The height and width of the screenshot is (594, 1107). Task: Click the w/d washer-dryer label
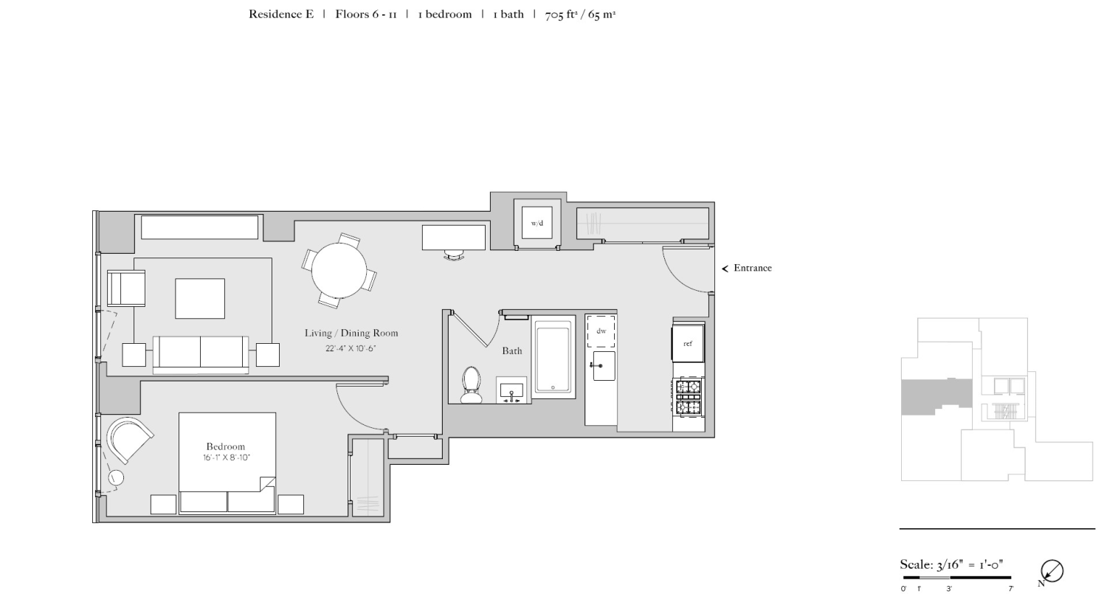pyautogui.click(x=537, y=223)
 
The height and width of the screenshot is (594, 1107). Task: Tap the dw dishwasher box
pyautogui.click(x=601, y=331)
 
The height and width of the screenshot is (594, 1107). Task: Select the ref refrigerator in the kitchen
pyautogui.click(x=688, y=344)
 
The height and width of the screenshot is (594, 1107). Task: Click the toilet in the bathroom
pyautogui.click(x=472, y=384)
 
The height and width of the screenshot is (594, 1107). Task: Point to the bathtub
pyautogui.click(x=553, y=357)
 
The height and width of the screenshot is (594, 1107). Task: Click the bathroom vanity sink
pyautogui.click(x=511, y=390)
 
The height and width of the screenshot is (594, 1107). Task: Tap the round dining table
pyautogui.click(x=339, y=271)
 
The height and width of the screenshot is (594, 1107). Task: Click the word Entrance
pyautogui.click(x=752, y=268)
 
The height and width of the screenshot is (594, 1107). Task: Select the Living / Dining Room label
pyautogui.click(x=351, y=333)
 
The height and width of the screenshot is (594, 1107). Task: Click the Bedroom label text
pyautogui.click(x=225, y=446)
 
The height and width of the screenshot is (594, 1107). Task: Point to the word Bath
pyautogui.click(x=512, y=350)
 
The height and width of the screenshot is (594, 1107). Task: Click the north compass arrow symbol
pyautogui.click(x=1052, y=571)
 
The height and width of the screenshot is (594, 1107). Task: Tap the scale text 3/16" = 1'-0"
pyautogui.click(x=951, y=565)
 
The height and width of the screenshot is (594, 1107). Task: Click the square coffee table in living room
pyautogui.click(x=199, y=299)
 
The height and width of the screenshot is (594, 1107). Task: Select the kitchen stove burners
pyautogui.click(x=689, y=397)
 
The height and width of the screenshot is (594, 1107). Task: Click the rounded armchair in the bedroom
pyautogui.click(x=128, y=440)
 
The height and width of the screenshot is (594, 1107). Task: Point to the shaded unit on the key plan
pyautogui.click(x=935, y=396)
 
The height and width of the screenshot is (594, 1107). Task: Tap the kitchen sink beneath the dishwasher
pyautogui.click(x=603, y=366)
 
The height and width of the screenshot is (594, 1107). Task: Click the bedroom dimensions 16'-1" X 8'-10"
pyautogui.click(x=227, y=457)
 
